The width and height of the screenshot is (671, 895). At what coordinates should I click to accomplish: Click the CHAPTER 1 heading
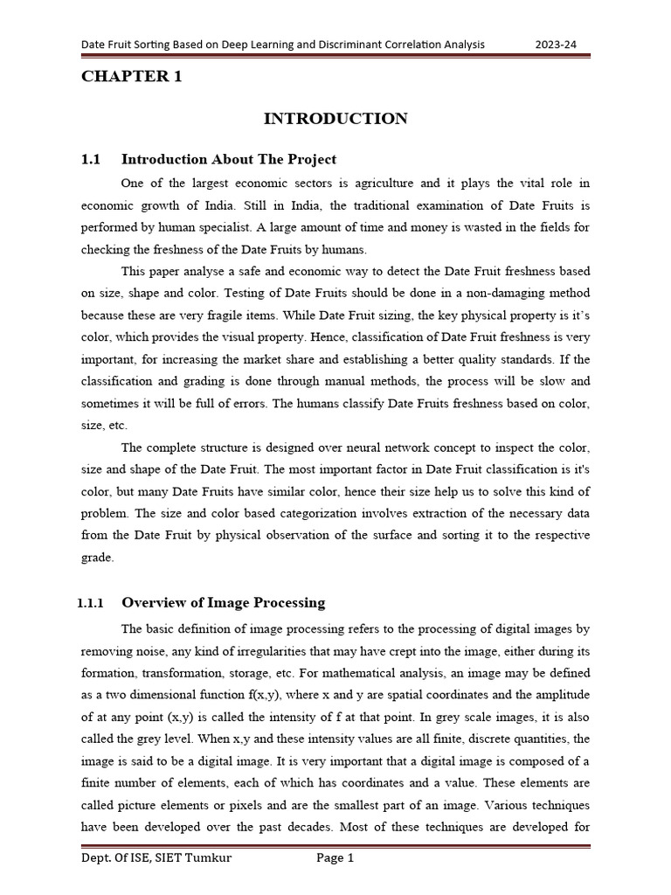click(132, 77)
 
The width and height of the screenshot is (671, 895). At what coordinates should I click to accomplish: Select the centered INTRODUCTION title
click(335, 119)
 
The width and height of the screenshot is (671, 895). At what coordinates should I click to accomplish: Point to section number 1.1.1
click(90, 603)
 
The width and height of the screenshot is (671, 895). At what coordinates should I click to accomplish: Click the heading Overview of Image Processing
click(223, 602)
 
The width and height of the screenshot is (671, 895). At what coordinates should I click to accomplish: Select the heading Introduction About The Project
click(228, 159)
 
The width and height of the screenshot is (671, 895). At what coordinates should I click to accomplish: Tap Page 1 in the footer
click(335, 858)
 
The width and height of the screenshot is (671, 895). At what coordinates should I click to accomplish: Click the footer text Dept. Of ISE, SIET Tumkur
click(156, 858)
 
